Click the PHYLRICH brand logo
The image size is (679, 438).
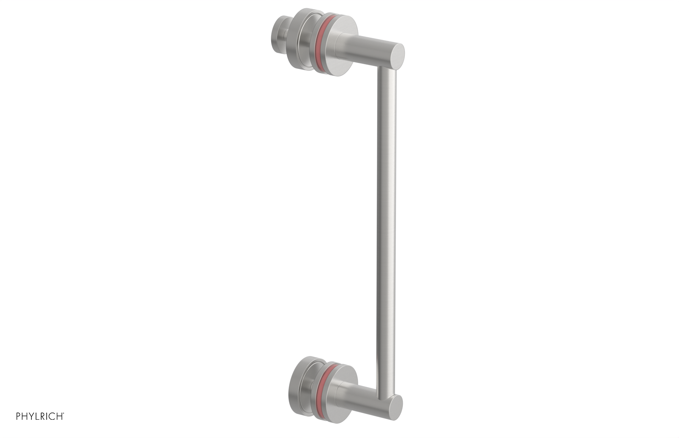coord(40,416)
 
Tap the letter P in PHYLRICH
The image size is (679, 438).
coord(19,416)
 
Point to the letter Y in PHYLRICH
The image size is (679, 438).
coord(31,416)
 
